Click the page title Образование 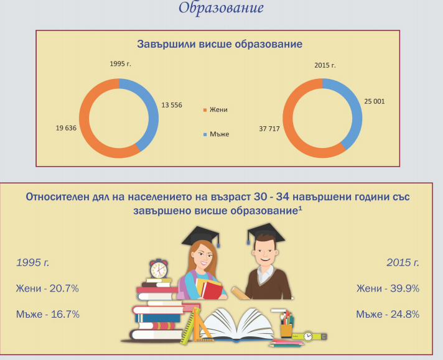(222, 8)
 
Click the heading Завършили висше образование (220, 44)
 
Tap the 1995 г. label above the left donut (120, 63)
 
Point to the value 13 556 (172, 105)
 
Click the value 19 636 (66, 128)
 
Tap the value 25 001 (375, 101)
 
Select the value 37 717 (269, 129)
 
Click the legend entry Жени (215, 109)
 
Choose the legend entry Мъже (216, 134)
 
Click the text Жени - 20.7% (47, 288)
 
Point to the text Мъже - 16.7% (48, 314)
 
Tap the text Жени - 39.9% (388, 288)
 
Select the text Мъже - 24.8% (388, 314)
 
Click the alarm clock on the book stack (159, 269)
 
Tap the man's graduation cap (266, 233)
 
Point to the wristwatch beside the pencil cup (309, 336)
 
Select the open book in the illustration (237, 325)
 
